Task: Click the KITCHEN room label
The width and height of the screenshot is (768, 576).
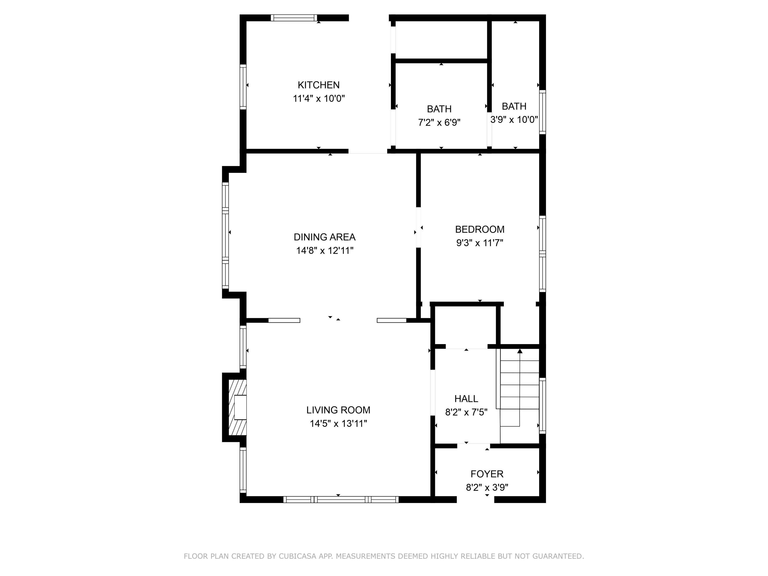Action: (318, 85)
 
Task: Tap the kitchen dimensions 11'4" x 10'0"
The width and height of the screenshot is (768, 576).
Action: (318, 99)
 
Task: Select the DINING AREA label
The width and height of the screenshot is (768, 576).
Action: (324, 237)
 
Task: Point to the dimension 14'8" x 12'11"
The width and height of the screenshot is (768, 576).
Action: (324, 251)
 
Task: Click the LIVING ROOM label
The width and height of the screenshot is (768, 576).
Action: (338, 410)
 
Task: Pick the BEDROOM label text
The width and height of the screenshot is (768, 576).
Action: (479, 229)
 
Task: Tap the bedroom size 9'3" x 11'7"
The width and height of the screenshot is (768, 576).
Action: (479, 243)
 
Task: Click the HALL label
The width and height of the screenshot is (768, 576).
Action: (466, 399)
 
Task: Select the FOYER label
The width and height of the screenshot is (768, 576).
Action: (487, 474)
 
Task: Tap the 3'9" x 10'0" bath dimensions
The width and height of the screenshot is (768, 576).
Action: (514, 120)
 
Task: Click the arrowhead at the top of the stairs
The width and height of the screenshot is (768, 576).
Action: (520, 351)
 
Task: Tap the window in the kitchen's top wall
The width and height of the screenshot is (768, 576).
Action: (294, 18)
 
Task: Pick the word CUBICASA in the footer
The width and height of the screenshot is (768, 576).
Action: (297, 556)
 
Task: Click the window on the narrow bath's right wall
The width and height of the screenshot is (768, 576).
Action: (542, 112)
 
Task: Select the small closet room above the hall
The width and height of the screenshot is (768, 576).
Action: (465, 326)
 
